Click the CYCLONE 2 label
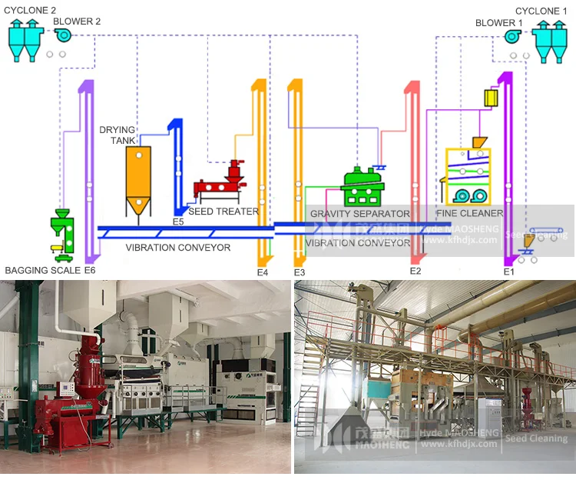click(x=30, y=10)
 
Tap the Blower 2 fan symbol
click(x=62, y=35)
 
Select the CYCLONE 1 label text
click(x=541, y=11)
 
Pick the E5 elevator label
click(x=178, y=222)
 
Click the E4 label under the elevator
click(x=263, y=272)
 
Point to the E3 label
click(x=299, y=272)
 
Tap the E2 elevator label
click(x=415, y=272)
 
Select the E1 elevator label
click(x=508, y=272)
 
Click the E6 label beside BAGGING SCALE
click(x=90, y=271)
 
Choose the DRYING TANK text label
click(x=117, y=135)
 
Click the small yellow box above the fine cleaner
click(x=491, y=98)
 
